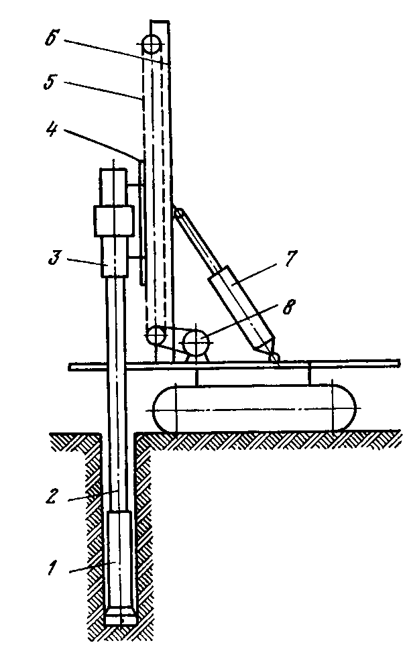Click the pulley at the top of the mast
point(151,44)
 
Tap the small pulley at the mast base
point(156,335)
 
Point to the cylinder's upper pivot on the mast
point(178,212)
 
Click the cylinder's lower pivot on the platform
point(274,357)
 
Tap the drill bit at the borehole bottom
point(121,615)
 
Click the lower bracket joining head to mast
point(134,257)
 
